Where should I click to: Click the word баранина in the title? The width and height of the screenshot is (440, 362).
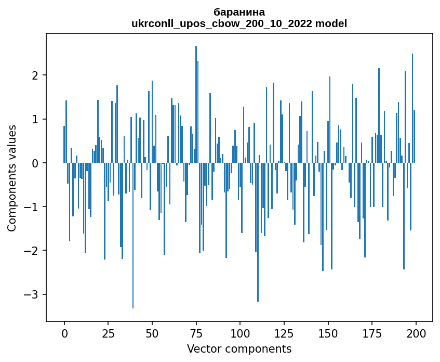tap(239, 12)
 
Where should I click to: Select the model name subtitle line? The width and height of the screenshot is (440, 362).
tap(239, 23)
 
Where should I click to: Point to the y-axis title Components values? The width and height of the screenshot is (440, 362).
tap(11, 178)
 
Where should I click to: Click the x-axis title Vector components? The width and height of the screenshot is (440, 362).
tap(239, 348)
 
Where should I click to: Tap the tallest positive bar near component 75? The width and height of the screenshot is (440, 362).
tap(196, 104)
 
